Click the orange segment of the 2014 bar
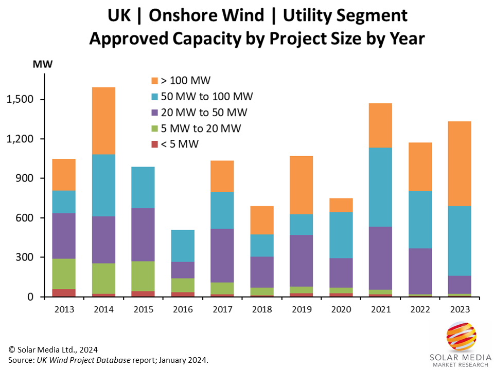(x=100, y=121)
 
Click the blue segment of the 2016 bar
(x=183, y=246)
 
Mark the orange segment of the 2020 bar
(x=341, y=205)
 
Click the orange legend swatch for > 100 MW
(x=154, y=81)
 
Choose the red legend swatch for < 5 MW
(x=154, y=144)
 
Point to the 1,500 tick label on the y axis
(x=20, y=100)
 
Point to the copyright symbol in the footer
(x=11, y=349)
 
